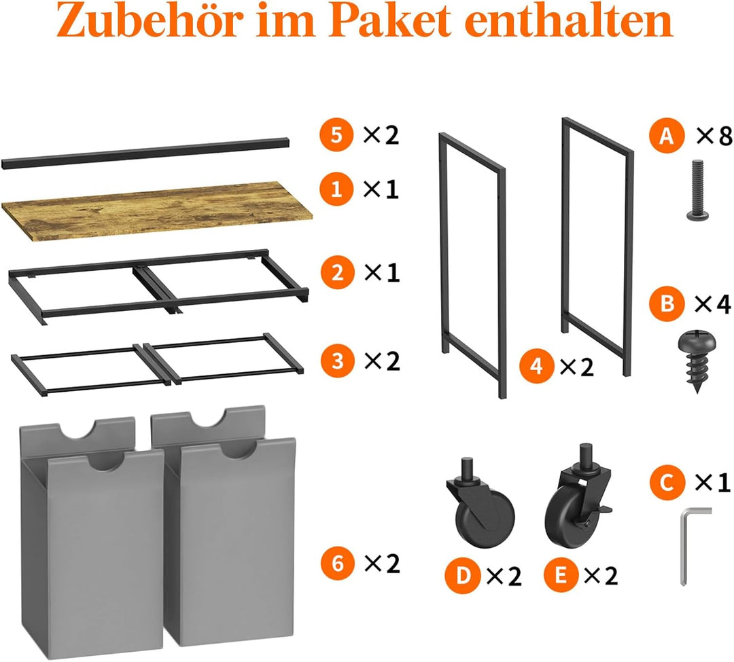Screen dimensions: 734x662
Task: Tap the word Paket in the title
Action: point(393,21)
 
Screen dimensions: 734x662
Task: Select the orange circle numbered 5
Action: point(336,135)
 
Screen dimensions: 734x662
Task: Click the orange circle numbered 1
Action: point(336,189)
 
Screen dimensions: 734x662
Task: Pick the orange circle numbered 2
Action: point(338,272)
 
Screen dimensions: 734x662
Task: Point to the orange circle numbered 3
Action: point(338,361)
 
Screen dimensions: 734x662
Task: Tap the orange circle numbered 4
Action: point(536,366)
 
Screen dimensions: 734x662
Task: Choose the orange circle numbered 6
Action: point(338,563)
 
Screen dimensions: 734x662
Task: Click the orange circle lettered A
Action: point(666,136)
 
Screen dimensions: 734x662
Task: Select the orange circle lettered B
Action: point(666,304)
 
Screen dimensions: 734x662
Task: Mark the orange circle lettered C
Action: point(666,482)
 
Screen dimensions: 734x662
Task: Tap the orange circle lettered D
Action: point(462,575)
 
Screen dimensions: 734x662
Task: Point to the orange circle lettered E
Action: point(560,575)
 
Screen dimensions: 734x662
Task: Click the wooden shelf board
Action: point(157,211)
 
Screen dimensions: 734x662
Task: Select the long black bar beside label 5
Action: point(145,153)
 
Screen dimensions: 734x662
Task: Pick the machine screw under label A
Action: point(697,190)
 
